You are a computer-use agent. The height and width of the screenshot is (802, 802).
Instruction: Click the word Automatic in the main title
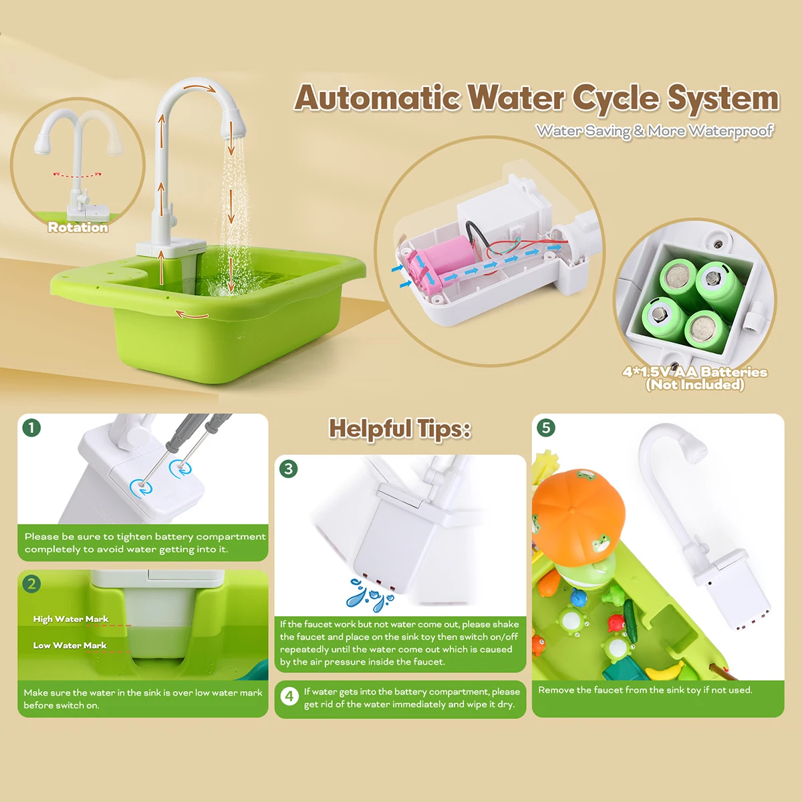[x=377, y=98]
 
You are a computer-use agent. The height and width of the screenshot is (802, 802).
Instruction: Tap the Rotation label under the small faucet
[x=78, y=227]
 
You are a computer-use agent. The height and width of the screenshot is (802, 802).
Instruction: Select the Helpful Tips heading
[x=400, y=429]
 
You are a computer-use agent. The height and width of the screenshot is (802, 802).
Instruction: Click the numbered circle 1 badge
[x=31, y=428]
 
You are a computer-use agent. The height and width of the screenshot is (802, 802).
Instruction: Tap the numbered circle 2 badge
[x=31, y=584]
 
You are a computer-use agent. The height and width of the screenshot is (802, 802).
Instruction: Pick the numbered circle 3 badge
[x=289, y=469]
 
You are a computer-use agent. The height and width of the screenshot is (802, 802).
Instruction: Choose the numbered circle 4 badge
[x=289, y=696]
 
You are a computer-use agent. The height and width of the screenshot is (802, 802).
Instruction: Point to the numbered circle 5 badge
[x=546, y=428]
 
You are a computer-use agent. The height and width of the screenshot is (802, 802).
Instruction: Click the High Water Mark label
[x=71, y=620]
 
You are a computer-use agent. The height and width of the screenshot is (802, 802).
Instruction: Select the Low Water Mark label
[x=70, y=646]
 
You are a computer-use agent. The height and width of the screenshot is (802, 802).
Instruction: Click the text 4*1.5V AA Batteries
[x=695, y=372]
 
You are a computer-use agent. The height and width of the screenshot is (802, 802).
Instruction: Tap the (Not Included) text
[x=695, y=385]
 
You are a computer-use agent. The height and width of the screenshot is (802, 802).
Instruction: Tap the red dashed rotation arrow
[x=78, y=175]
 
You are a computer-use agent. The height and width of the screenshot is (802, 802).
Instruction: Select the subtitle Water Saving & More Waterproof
[x=654, y=131]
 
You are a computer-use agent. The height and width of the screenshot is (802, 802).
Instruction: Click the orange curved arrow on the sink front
[x=192, y=314]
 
